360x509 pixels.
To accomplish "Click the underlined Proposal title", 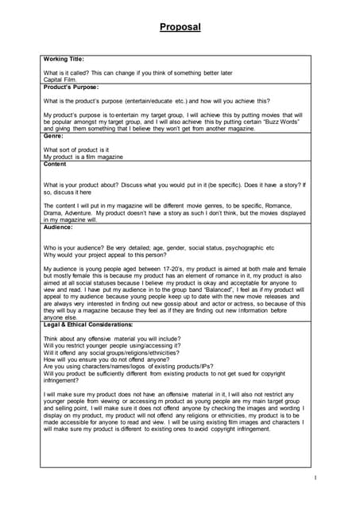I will coord(180,27).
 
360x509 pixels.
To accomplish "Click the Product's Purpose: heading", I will coord(71,86).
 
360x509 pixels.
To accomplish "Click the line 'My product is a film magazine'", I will coord(83,156).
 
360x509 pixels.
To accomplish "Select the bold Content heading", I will coord(56,163).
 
